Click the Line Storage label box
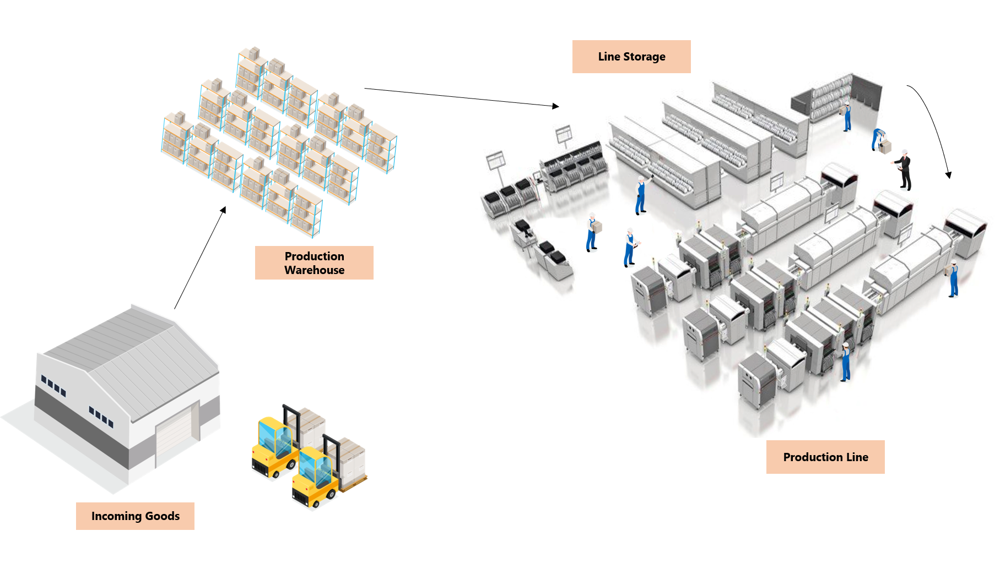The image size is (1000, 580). click(x=631, y=57)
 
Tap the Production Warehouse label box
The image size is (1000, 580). click(x=314, y=263)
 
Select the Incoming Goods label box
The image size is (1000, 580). click(x=135, y=516)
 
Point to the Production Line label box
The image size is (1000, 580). click(x=825, y=457)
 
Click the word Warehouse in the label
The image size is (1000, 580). click(x=314, y=270)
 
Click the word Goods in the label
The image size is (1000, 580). click(x=163, y=516)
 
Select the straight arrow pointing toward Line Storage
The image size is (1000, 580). click(x=461, y=97)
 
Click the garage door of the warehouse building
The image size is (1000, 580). click(x=177, y=435)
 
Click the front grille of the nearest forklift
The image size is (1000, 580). click(x=302, y=498)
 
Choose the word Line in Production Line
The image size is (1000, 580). click(x=857, y=457)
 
